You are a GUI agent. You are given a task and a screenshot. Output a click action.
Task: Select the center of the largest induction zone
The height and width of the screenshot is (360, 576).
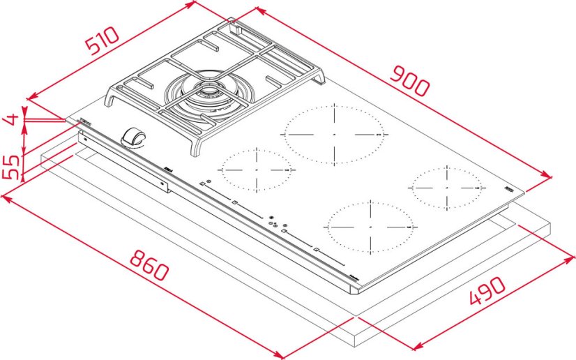[334, 133]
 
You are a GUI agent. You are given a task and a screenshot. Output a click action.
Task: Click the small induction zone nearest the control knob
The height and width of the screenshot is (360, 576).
[256, 170]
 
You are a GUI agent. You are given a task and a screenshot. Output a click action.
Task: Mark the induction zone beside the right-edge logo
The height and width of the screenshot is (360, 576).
[447, 187]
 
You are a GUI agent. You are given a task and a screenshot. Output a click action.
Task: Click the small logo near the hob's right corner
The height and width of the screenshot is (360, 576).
[509, 188]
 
